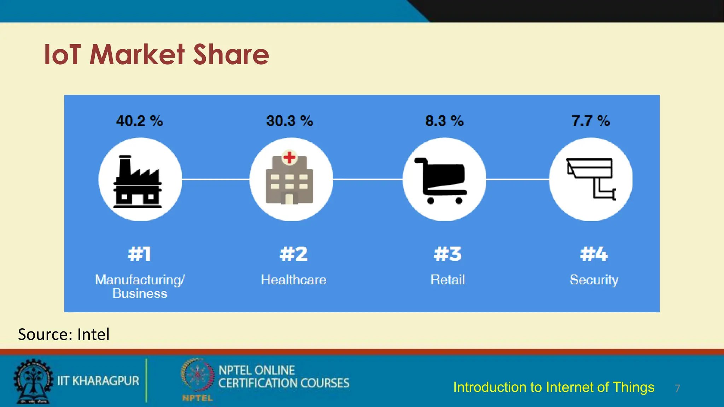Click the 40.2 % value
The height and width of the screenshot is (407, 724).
(x=140, y=121)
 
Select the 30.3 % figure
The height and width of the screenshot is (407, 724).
(x=290, y=121)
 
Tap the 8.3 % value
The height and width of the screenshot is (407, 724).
(x=444, y=121)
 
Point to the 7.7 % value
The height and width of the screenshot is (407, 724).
(x=591, y=121)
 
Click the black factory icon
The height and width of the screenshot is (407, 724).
(x=138, y=182)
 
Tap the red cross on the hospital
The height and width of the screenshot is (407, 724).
(x=290, y=157)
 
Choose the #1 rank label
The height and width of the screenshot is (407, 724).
(x=140, y=254)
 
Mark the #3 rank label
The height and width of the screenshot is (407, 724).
(x=448, y=254)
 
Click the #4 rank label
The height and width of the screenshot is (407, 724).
(x=594, y=254)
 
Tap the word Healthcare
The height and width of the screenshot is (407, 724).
(x=293, y=280)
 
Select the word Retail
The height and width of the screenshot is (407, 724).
(x=448, y=280)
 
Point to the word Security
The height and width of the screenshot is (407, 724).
(x=594, y=280)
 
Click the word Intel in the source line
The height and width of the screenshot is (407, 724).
(x=93, y=334)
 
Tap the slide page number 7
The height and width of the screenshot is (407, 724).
(x=677, y=389)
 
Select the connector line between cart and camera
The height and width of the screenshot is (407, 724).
(x=518, y=179)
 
